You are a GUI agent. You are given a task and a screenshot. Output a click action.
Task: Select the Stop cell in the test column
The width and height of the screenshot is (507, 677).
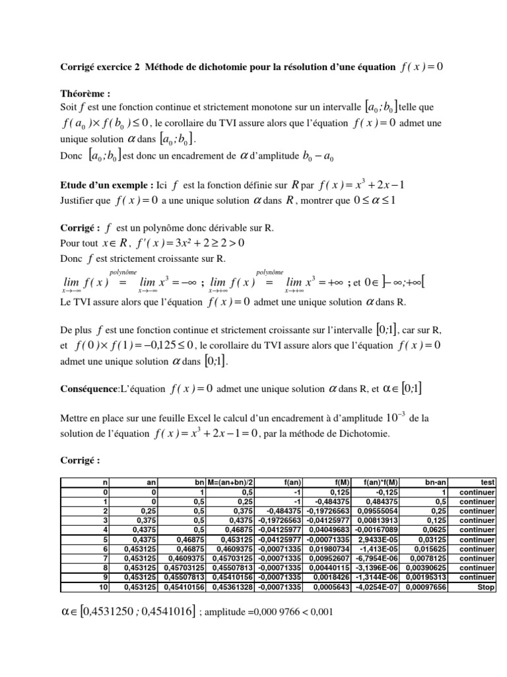pos(485,586)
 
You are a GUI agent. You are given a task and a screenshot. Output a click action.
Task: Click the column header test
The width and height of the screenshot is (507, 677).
pos(485,483)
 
